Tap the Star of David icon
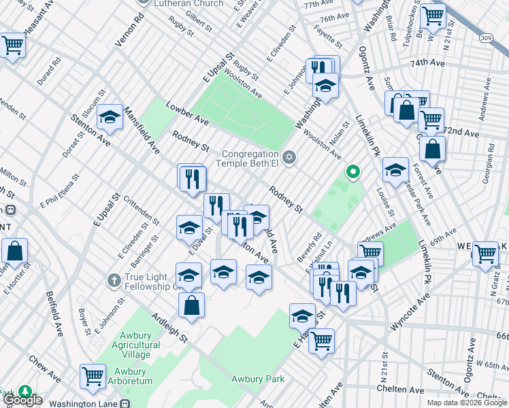[289, 158]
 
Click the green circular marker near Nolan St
[352, 171]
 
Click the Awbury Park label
[257, 379]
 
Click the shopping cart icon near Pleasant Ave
[12, 46]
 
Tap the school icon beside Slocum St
[109, 117]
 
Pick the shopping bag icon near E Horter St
[14, 250]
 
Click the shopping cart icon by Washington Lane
[93, 375]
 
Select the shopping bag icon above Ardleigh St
[192, 304]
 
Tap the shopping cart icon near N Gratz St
[485, 254]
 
